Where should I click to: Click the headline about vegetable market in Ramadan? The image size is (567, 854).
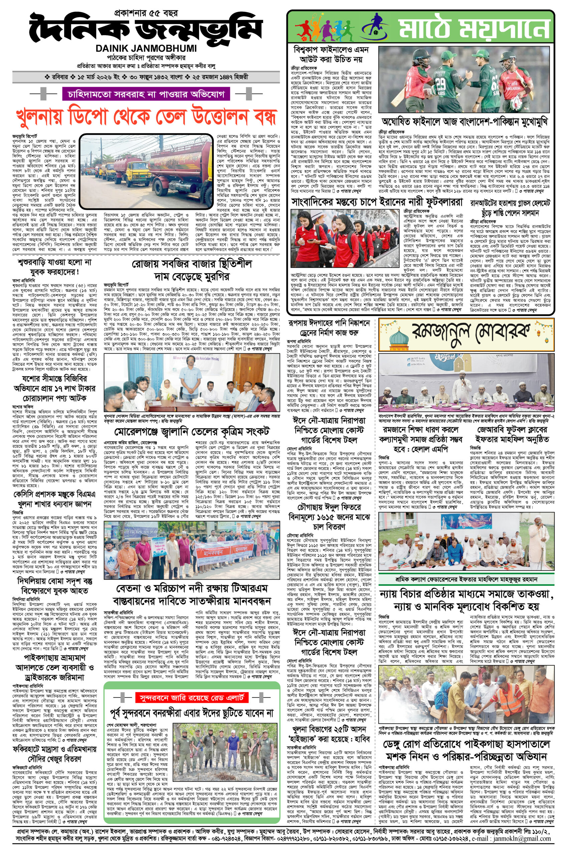pyautogui.click(x=191, y=270)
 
